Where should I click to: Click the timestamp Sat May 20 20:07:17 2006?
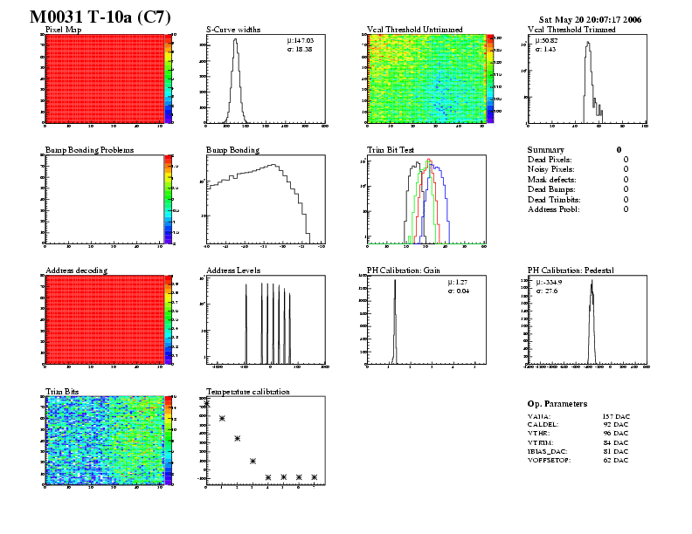click(x=590, y=18)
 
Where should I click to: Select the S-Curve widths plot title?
click(x=237, y=30)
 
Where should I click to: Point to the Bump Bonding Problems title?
click(x=89, y=150)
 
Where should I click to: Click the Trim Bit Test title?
click(x=394, y=150)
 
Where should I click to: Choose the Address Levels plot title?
click(x=233, y=270)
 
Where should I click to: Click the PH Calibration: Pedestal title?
click(x=571, y=270)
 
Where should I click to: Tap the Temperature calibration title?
click(x=247, y=392)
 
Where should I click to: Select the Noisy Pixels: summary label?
click(x=551, y=169)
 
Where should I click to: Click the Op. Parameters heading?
click(x=557, y=404)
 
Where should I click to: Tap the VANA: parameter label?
click(x=540, y=417)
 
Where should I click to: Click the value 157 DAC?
click(x=616, y=417)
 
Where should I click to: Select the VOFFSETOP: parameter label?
click(x=550, y=460)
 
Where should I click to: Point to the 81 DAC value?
click(x=617, y=451)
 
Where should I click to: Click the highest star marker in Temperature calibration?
click(x=206, y=403)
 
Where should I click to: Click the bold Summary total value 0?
click(x=619, y=150)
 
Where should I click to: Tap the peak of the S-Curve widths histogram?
click(x=235, y=39)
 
